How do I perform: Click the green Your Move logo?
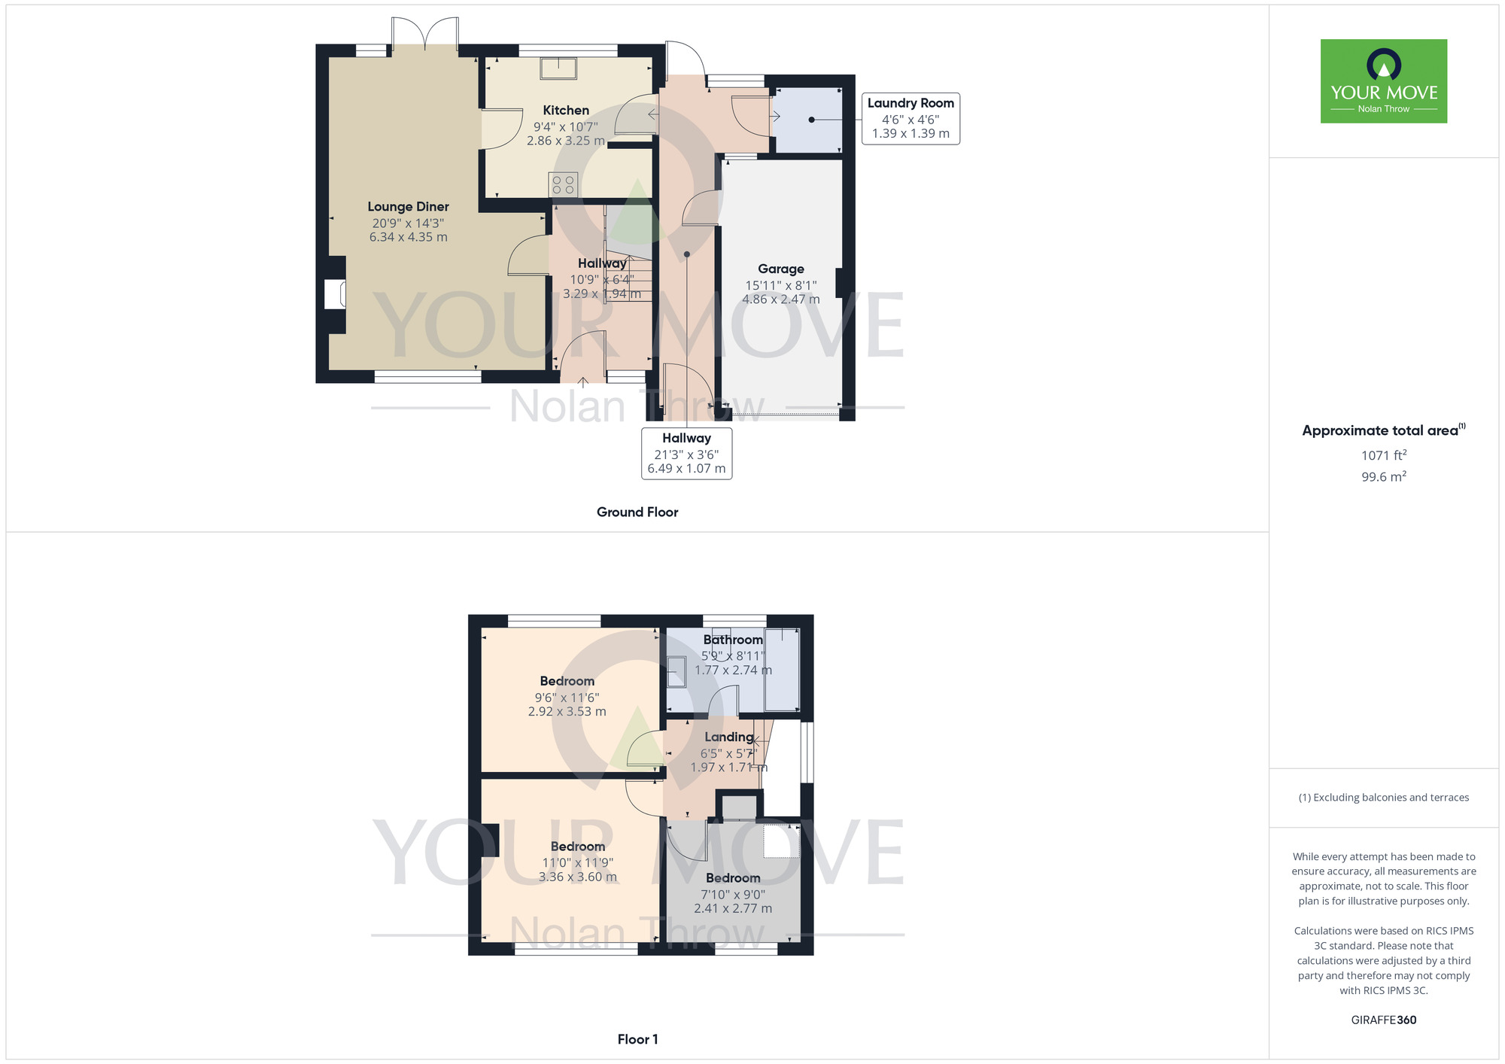pos(1383,81)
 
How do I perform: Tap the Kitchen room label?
pos(566,111)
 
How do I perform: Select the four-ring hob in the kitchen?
pos(563,184)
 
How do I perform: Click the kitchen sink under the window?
pos(558,68)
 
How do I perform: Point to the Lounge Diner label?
pos(408,207)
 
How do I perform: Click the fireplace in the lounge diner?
pos(335,294)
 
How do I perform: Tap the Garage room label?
pos(781,269)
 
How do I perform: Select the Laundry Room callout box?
pos(911,118)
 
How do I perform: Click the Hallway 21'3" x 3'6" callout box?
pos(686,453)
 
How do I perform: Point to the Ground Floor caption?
pos(637,512)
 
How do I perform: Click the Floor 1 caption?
pos(637,1039)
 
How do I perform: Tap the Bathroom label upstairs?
pos(733,640)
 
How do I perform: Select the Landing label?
pos(729,737)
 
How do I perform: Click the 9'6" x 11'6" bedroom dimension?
pos(567,698)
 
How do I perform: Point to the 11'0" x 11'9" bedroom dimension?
pos(578,863)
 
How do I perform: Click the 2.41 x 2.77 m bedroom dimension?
pos(733,908)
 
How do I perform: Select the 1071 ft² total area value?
pos(1384,455)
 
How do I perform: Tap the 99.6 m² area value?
pos(1384,476)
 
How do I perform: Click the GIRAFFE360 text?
pos(1384,1020)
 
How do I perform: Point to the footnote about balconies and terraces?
pos(1384,798)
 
